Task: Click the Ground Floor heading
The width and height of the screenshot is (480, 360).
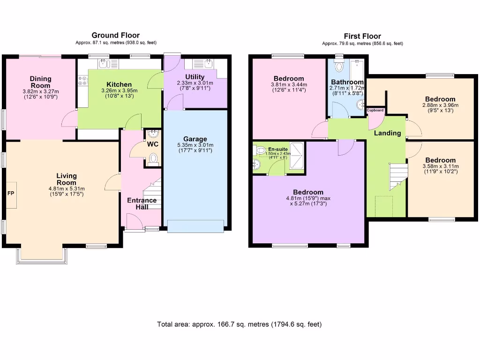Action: (x=115, y=35)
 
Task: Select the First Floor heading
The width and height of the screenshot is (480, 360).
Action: (x=362, y=36)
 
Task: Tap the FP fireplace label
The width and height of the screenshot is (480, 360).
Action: (x=11, y=193)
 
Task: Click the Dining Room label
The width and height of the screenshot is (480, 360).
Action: (x=40, y=82)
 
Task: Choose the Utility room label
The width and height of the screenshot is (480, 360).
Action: (x=195, y=77)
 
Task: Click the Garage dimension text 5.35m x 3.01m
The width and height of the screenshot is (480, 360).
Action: (x=195, y=145)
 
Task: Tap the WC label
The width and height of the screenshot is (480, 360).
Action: (x=153, y=144)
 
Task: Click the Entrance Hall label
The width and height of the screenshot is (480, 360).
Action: (x=142, y=203)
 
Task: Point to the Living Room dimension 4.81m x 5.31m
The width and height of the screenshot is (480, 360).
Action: (x=67, y=189)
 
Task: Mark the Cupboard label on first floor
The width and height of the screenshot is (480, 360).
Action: (x=375, y=111)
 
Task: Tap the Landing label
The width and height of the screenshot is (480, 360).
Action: (x=387, y=133)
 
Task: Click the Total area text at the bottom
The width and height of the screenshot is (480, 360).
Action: (x=240, y=324)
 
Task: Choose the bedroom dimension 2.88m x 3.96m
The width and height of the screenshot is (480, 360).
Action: (x=440, y=105)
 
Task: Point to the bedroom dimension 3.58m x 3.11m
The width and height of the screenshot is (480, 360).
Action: (x=440, y=166)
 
